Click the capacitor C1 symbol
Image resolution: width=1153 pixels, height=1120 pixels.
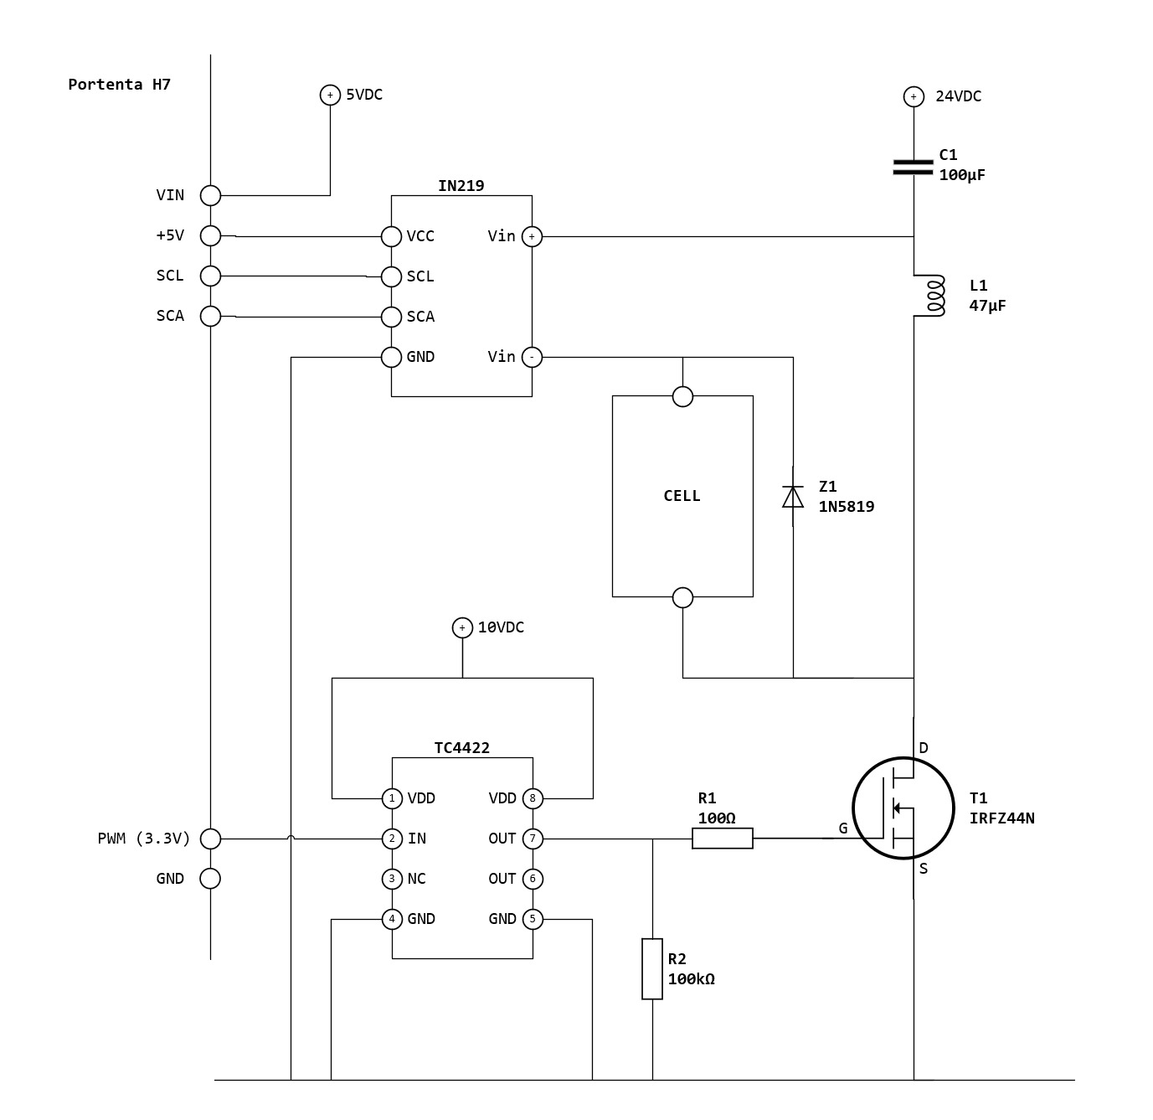pos(913,168)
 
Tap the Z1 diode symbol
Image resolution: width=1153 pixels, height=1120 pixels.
pos(792,497)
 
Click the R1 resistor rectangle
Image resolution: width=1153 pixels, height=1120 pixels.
pos(722,838)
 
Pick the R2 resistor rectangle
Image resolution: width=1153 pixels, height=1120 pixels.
pos(652,968)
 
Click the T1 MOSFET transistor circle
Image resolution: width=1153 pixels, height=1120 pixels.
pos(903,808)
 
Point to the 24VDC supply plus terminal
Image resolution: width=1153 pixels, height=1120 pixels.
pos(914,97)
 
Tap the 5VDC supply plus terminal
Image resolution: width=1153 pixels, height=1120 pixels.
pos(330,95)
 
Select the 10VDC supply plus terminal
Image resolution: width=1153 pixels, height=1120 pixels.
pos(462,627)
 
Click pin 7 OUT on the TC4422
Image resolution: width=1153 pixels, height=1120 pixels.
pos(533,839)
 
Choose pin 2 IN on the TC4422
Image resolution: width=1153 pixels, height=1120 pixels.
pos(392,839)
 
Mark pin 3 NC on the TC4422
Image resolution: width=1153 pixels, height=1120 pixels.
pos(392,879)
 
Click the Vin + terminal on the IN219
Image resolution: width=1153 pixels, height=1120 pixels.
pos(532,236)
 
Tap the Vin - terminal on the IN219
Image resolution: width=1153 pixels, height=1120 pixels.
pos(532,357)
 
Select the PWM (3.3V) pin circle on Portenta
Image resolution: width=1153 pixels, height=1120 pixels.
pos(211,839)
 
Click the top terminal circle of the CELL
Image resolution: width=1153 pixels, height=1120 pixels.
pos(683,396)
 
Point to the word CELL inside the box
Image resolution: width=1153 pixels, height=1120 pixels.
pos(682,496)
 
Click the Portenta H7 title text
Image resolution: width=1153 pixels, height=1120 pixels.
pos(120,85)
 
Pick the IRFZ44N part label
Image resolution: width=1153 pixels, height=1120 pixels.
pos(1001,818)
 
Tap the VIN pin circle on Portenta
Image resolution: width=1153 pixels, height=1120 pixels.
pos(211,195)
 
